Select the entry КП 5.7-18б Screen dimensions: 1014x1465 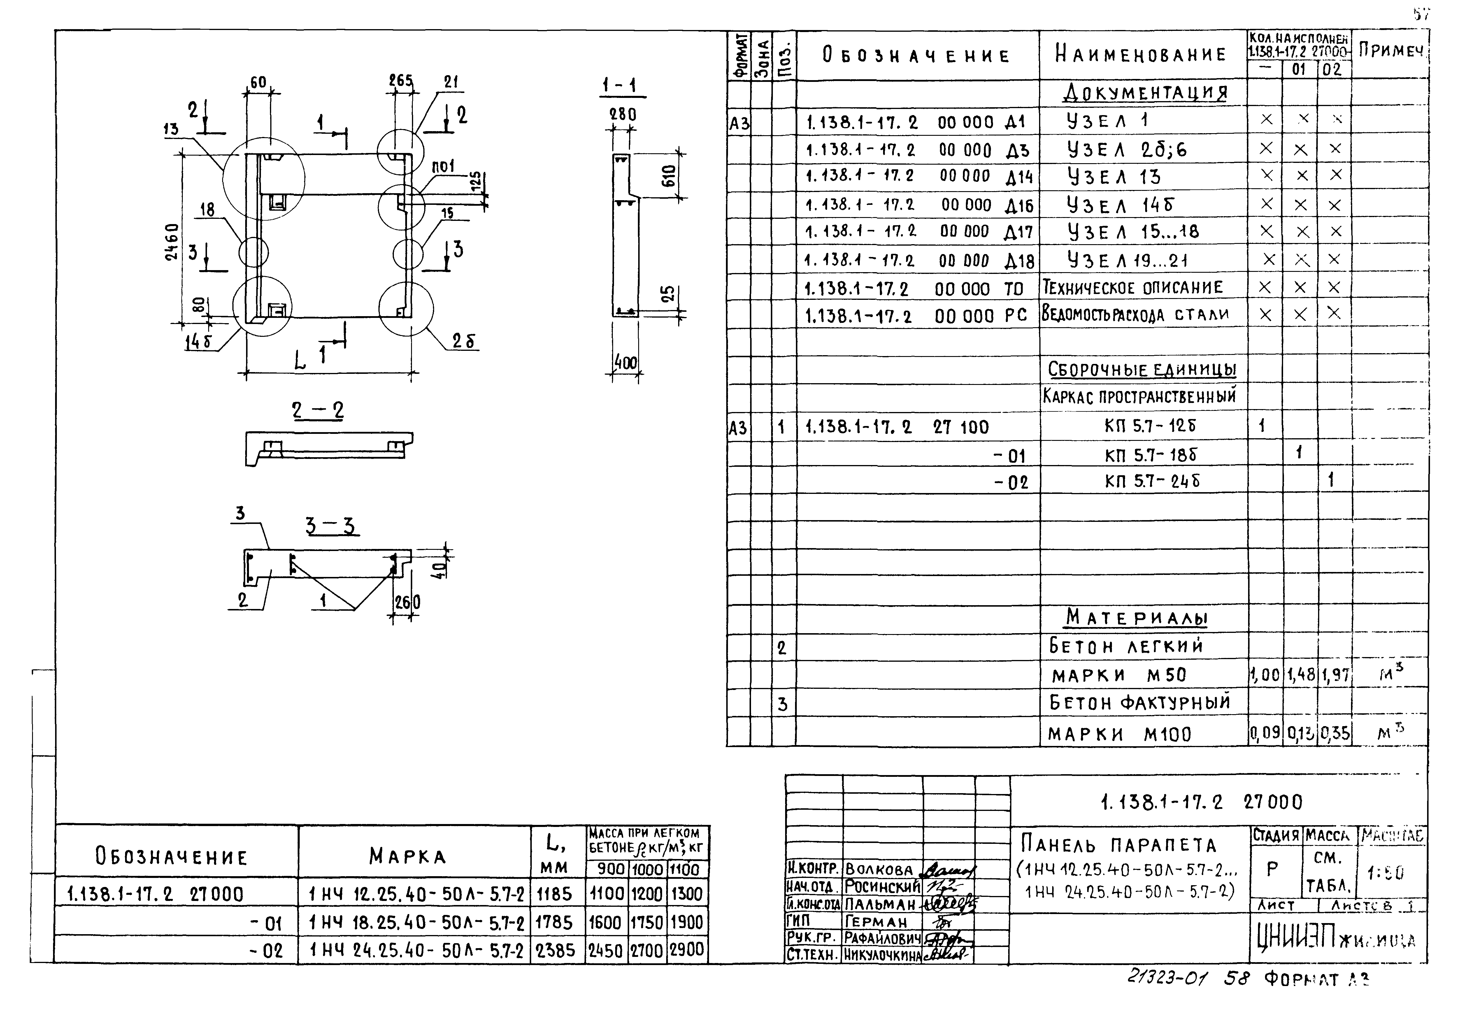pyautogui.click(x=1150, y=455)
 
